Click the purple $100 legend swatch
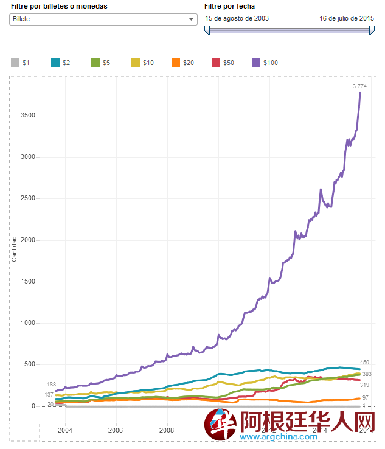256,63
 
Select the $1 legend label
26,63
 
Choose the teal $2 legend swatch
55,63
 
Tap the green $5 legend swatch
95,63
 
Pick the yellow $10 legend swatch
136,63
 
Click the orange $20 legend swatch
176,63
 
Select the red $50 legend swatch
216,63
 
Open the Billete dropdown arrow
192,19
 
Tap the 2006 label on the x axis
115,430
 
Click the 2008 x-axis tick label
166,430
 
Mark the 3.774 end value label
359,86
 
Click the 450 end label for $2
364,363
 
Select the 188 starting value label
52,385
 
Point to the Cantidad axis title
14,249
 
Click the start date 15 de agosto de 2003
237,18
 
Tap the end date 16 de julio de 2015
347,18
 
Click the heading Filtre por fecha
229,6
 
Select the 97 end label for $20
366,397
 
